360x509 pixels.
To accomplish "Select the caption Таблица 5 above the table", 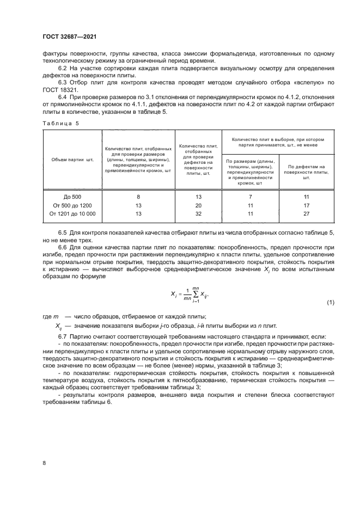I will pos(60,123).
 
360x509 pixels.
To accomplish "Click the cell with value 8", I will pos(139,196).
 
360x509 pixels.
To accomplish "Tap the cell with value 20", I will pos(198,205).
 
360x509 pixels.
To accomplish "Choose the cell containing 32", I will pos(198,213).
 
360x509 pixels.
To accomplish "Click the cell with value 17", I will pos(306,205).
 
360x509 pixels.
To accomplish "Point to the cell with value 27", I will pos(306,213).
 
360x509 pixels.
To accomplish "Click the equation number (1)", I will pos(331,302).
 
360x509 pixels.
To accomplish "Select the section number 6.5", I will pos(64,233).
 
